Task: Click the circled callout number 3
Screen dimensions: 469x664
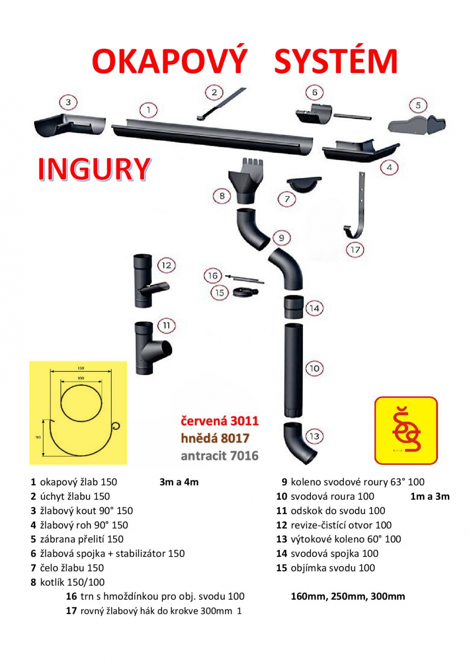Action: coord(68,102)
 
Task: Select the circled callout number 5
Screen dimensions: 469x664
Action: coord(418,105)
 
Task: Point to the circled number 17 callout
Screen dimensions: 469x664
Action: coord(355,250)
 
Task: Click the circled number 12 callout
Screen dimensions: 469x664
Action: coord(166,265)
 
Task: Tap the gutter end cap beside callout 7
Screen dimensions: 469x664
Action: coord(304,184)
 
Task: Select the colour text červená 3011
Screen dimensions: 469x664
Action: coord(219,421)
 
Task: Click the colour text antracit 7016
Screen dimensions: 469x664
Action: coord(219,456)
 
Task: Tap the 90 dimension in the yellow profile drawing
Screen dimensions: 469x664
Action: coord(38,437)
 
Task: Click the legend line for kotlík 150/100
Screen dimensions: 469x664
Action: coord(68,582)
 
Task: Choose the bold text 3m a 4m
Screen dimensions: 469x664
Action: coord(179,482)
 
